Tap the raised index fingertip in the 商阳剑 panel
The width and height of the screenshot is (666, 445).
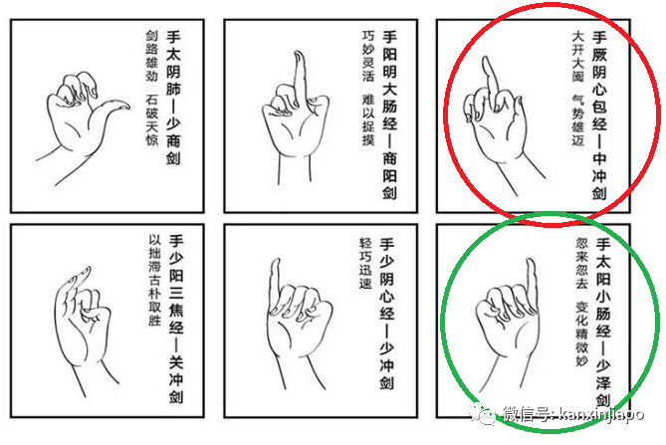[x=299, y=55]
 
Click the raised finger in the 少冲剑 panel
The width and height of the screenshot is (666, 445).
[x=275, y=282]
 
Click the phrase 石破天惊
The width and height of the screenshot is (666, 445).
[x=151, y=120]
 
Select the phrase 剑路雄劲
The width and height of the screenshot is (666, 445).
[x=151, y=56]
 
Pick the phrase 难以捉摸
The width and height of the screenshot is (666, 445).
[x=368, y=119]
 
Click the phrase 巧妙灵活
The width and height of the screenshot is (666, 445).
[x=368, y=56]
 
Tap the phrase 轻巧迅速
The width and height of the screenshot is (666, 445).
[x=365, y=263]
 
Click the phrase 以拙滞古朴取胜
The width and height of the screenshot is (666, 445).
[x=154, y=280]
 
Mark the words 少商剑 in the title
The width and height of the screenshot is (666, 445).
[x=173, y=141]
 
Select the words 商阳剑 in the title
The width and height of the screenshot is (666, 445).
[x=389, y=175]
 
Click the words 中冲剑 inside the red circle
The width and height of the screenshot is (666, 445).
[x=599, y=175]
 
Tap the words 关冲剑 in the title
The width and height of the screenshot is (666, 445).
[x=176, y=378]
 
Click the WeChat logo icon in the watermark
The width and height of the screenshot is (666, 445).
[x=482, y=413]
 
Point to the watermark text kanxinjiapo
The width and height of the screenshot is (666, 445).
[x=600, y=413]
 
